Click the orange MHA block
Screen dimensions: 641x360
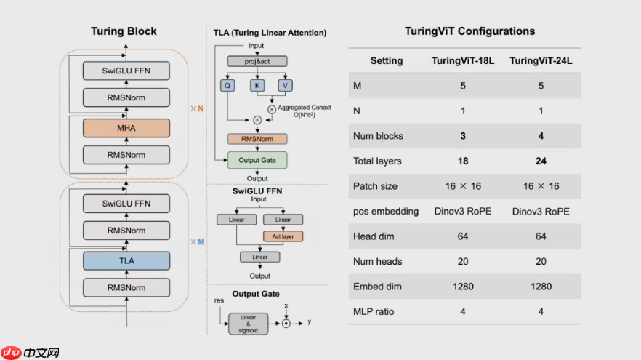pos(126,128)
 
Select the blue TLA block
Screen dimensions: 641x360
pos(126,261)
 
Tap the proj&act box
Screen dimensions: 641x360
pos(257,61)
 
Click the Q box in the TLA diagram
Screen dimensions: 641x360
pos(227,86)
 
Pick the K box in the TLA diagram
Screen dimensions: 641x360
pos(257,86)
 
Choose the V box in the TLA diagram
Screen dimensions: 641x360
pos(286,86)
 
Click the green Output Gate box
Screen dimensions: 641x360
pos(257,160)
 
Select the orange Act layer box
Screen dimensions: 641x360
pos(283,236)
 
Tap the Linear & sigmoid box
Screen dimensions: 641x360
pos(248,324)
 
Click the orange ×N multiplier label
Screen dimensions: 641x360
pos(197,108)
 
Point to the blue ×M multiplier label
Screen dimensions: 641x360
pos(198,241)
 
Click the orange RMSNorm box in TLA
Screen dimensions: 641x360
pos(257,139)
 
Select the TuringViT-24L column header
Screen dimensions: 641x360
pos(541,61)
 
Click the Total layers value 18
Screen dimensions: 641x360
pos(463,161)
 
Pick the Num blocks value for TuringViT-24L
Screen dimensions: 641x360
pos(541,136)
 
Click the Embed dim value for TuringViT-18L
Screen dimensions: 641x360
pos(463,287)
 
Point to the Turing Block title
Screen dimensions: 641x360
pos(124,31)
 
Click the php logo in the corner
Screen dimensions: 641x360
pos(12,353)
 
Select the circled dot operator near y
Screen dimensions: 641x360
pos(286,324)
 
